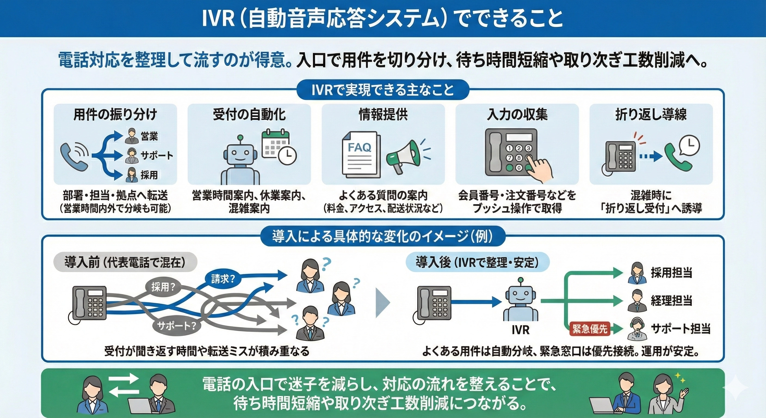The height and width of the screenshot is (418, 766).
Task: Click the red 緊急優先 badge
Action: pyautogui.click(x=590, y=329)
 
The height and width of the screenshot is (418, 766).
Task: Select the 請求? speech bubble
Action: pyautogui.click(x=223, y=278)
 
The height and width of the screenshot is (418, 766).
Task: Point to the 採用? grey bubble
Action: pyautogui.click(x=163, y=287)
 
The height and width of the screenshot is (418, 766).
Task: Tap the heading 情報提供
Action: pyautogui.click(x=383, y=115)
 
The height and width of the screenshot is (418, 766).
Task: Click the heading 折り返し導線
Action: pyautogui.click(x=651, y=115)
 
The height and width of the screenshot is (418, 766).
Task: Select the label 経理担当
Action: pyautogui.click(x=671, y=301)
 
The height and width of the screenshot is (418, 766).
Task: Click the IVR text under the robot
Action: pyautogui.click(x=520, y=330)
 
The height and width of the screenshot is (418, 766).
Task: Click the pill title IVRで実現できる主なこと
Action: pyautogui.click(x=383, y=90)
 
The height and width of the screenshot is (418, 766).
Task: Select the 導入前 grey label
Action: pyautogui.click(x=125, y=262)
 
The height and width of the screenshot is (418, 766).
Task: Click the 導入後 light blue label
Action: pyautogui.click(x=477, y=262)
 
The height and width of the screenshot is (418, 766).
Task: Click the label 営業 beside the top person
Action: pyautogui.click(x=149, y=136)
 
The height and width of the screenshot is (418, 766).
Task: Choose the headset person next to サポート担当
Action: pyautogui.click(x=636, y=329)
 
